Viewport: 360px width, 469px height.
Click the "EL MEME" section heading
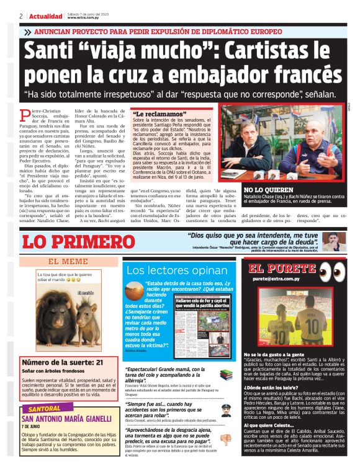click(68, 261)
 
